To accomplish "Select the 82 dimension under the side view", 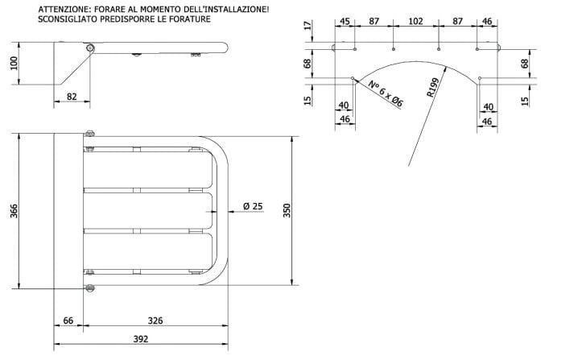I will pyautogui.click(x=71, y=97).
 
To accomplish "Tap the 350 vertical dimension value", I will pyautogui.click(x=287, y=211).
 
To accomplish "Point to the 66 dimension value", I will pyautogui.click(x=69, y=321).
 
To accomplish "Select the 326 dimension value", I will pyautogui.click(x=155, y=321).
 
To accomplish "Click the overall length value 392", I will pyautogui.click(x=140, y=340).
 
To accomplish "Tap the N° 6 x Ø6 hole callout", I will pyautogui.click(x=386, y=94).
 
